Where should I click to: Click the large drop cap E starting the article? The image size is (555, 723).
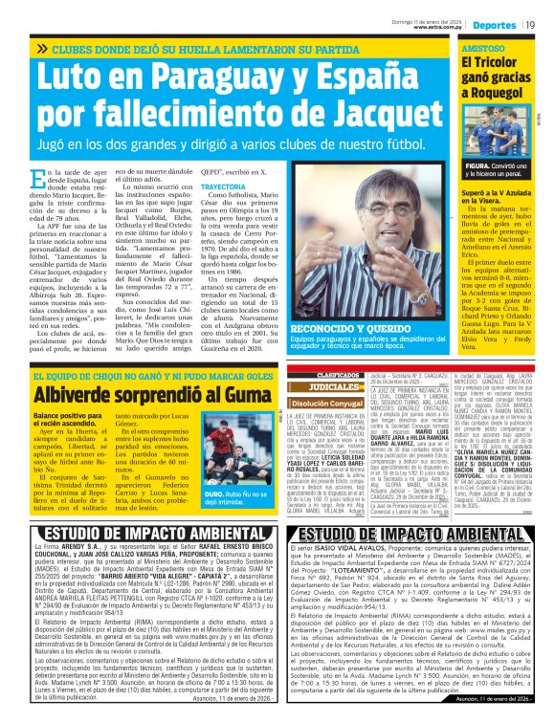(x=38, y=177)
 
